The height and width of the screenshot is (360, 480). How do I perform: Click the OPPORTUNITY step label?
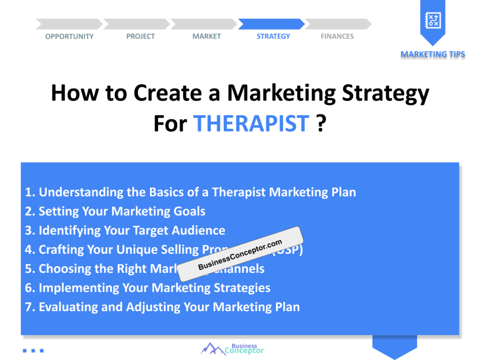point(69,37)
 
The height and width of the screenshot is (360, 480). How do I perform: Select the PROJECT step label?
point(140,37)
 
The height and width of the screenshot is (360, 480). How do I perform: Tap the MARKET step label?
point(206,37)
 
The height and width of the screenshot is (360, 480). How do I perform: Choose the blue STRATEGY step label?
point(273,37)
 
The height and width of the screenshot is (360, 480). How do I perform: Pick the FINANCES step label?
point(337,37)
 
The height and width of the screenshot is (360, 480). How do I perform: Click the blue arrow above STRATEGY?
point(271,24)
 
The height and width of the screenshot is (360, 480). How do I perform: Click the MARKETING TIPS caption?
point(433,54)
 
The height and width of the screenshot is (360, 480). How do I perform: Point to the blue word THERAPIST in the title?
point(251,123)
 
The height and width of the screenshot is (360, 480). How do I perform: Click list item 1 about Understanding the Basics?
point(190,192)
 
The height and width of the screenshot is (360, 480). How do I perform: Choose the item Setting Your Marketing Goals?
point(115,211)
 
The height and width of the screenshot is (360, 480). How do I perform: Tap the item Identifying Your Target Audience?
point(125,231)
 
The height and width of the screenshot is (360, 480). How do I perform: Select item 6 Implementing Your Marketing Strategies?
point(148,288)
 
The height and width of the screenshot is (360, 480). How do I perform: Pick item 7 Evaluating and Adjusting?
point(162,307)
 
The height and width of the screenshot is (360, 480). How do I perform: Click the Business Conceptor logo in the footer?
point(232,348)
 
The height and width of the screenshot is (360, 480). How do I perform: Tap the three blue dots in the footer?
point(33,350)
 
